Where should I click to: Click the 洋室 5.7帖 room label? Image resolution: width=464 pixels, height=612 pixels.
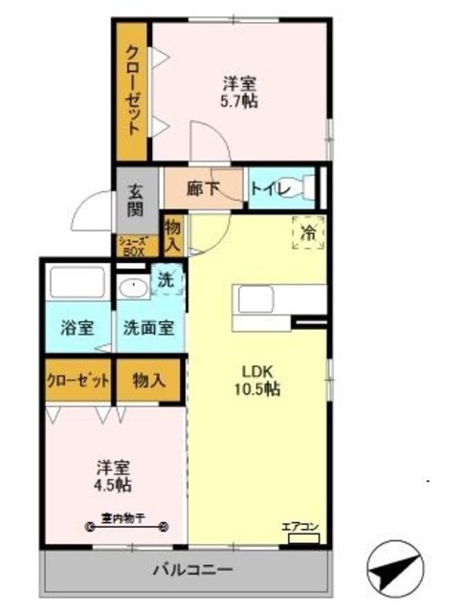click(x=240, y=92)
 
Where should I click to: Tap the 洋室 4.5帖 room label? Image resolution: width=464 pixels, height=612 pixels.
click(x=112, y=476)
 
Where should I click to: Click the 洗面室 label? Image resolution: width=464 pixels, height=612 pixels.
click(x=148, y=326)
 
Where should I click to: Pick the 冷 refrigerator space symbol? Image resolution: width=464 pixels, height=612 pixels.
click(x=308, y=232)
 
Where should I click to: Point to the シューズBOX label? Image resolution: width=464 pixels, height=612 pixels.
click(x=132, y=246)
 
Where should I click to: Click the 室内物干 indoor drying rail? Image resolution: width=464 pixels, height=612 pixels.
click(x=127, y=524)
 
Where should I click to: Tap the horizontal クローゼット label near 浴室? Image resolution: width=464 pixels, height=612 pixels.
click(x=77, y=380)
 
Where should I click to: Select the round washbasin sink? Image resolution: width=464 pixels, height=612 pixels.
click(x=132, y=287)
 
